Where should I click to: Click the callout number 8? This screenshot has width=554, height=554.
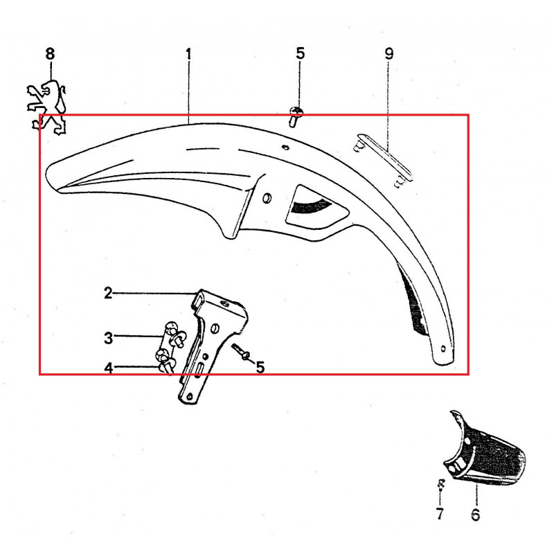(50, 54)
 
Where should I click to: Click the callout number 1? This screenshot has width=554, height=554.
(188, 55)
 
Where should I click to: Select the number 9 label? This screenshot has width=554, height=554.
(388, 54)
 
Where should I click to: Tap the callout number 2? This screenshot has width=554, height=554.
(108, 293)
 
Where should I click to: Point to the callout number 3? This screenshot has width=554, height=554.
(109, 338)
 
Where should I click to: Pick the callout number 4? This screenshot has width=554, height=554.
(109, 368)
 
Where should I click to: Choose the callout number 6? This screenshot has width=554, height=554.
(476, 515)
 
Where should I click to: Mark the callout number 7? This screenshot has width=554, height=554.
(440, 514)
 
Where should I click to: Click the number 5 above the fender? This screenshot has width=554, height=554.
(300, 53)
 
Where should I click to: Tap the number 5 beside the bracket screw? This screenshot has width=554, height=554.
(260, 368)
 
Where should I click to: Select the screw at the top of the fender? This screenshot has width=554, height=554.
(296, 117)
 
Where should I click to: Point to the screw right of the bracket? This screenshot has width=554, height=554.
(241, 352)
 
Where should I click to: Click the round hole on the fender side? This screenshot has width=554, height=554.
(267, 198)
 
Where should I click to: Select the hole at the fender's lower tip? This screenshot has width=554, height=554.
(443, 349)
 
